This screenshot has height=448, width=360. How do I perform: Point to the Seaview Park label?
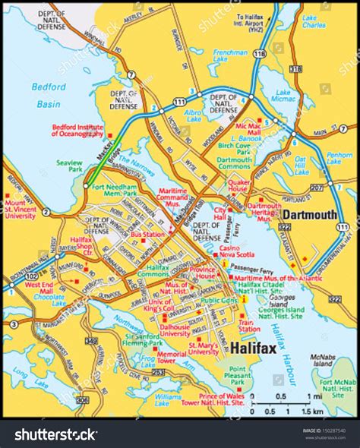[69, 165]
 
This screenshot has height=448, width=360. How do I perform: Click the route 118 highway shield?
[261, 54]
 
